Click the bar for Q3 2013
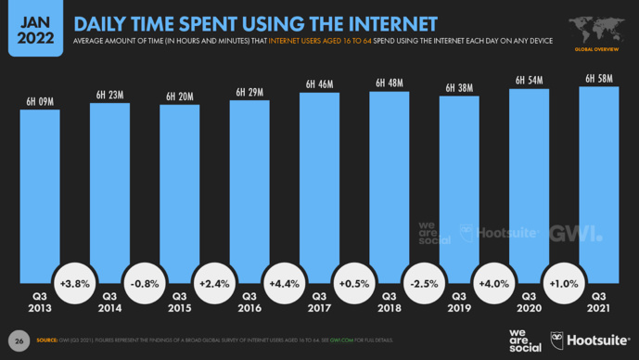[x=40, y=195]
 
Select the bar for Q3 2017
[x=319, y=186]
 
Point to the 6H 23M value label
[x=109, y=94]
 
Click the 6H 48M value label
[x=389, y=83]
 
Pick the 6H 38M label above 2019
[x=458, y=87]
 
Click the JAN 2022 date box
[x=32, y=26]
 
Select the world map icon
[x=597, y=27]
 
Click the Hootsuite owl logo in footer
[x=558, y=340]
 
